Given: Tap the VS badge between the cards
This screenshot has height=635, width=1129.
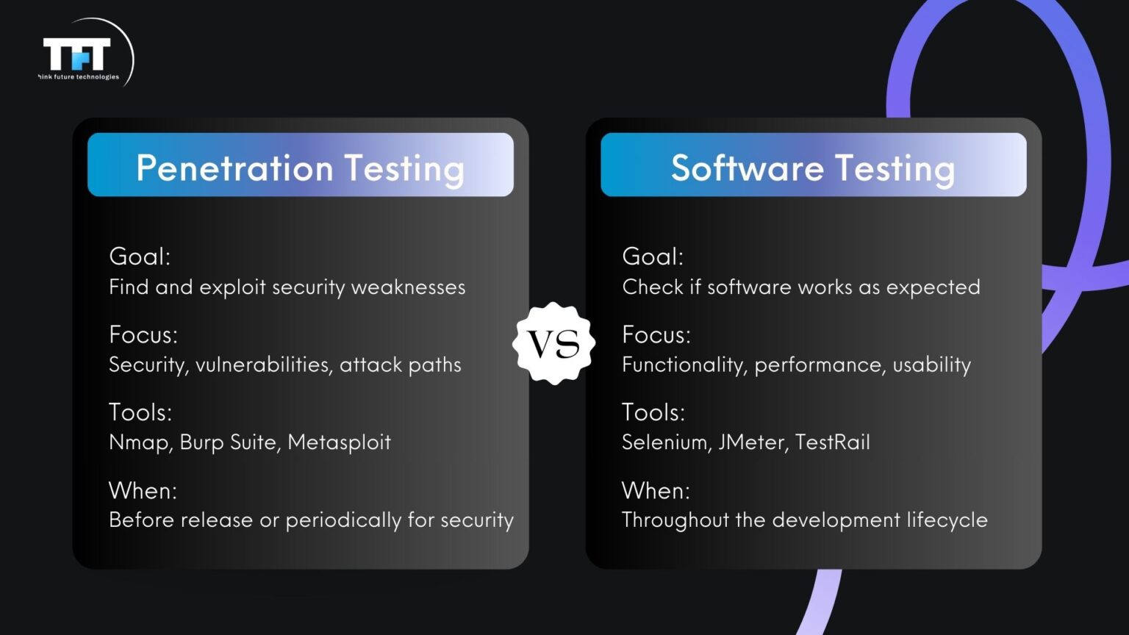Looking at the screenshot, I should click(x=553, y=343).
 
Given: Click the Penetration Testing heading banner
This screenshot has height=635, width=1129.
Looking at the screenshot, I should click(x=300, y=165).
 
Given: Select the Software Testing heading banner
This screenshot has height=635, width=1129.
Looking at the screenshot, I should click(x=813, y=165).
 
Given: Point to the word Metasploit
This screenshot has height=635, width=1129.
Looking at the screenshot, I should click(x=339, y=442).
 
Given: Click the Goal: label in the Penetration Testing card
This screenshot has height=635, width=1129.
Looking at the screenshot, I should click(x=140, y=256).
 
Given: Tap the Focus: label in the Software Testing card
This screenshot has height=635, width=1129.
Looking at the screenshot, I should click(x=656, y=335).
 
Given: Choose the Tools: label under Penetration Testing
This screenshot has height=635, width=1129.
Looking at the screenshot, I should click(x=140, y=412).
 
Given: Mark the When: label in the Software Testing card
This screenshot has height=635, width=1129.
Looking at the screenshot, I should click(x=656, y=490).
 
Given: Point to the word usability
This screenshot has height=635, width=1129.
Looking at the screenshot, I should click(x=931, y=365).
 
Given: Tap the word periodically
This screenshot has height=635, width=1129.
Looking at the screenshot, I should click(x=343, y=520).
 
